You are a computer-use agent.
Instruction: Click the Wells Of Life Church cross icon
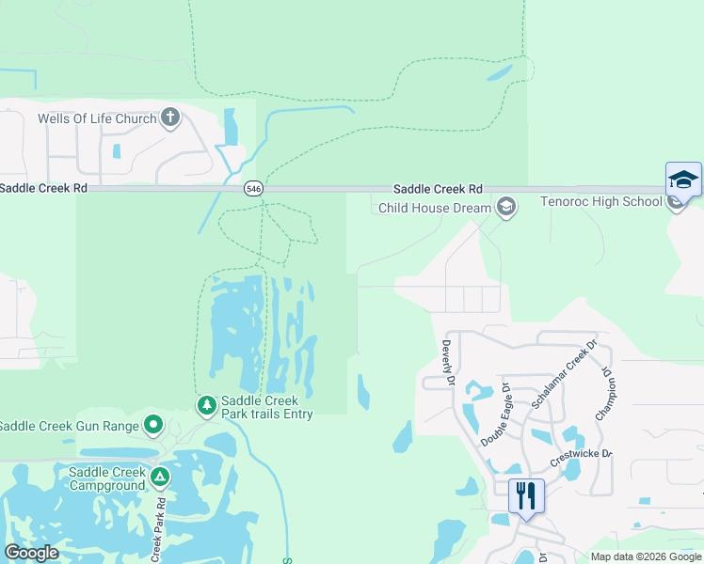(x=170, y=117)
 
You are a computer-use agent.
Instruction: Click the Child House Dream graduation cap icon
(x=506, y=208)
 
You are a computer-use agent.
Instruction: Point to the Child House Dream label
(x=436, y=208)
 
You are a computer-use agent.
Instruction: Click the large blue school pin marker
(x=683, y=180)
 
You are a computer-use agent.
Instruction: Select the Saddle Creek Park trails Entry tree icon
(x=206, y=405)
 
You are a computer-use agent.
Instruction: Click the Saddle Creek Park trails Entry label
(x=267, y=406)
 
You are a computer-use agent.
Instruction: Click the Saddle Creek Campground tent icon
(x=161, y=478)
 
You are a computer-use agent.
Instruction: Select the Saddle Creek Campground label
(x=106, y=478)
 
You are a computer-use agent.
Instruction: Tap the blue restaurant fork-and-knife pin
(x=526, y=495)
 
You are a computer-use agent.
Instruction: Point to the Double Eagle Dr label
(x=495, y=415)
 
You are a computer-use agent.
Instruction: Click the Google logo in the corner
(x=31, y=553)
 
